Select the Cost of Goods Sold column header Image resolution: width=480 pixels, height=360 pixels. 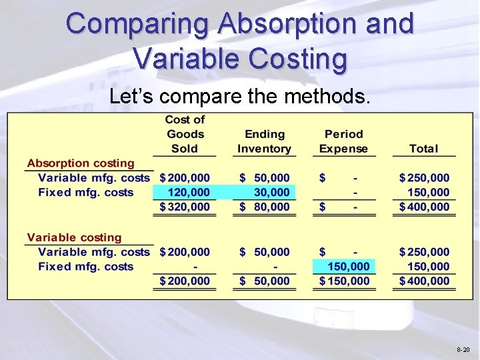185,134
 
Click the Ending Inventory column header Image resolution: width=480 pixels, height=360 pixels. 264,141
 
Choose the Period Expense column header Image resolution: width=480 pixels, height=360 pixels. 343,141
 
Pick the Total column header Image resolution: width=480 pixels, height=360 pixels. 424,149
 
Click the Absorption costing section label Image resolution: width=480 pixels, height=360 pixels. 81,163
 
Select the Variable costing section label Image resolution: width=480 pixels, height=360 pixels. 74,238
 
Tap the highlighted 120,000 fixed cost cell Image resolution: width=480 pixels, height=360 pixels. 189,193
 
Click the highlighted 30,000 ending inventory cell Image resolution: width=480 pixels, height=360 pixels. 270,193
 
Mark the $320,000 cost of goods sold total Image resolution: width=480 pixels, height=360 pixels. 185,207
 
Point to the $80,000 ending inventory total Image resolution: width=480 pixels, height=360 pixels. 265,207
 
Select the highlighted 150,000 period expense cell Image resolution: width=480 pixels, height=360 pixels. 349,267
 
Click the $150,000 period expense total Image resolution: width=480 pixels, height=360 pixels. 344,281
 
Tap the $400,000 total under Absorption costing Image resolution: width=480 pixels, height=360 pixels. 425,207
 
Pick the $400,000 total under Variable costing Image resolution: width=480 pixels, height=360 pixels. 425,281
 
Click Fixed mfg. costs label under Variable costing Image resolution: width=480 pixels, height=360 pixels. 86,267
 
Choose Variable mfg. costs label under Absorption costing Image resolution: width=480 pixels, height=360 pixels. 94,178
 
